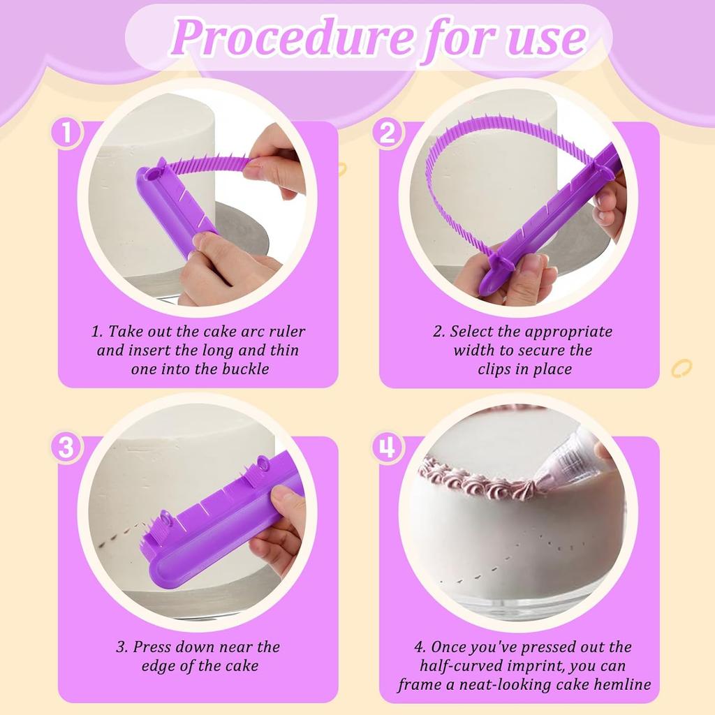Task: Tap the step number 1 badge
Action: [66, 133]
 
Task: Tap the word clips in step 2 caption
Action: [494, 369]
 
